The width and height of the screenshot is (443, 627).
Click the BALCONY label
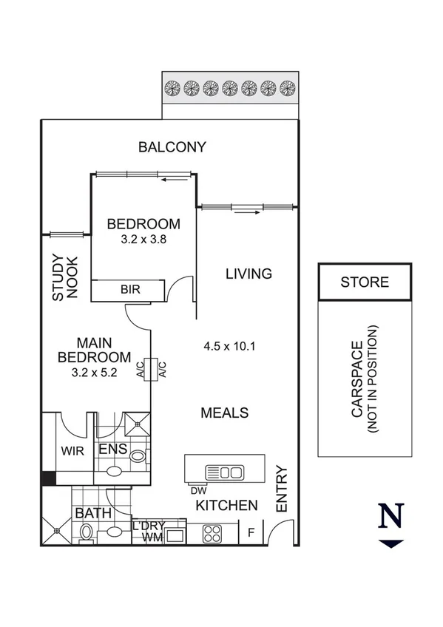(x=172, y=146)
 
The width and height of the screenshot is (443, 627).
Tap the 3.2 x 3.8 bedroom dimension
(x=143, y=240)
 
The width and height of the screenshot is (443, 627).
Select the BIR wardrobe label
(x=130, y=290)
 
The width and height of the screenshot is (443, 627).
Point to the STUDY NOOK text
(x=64, y=277)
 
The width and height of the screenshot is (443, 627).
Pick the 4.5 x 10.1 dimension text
(x=229, y=345)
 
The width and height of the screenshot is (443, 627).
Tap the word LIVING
(x=248, y=274)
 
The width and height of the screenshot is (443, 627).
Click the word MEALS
(x=224, y=413)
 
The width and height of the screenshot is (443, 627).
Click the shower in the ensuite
(x=136, y=424)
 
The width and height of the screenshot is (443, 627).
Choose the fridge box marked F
(x=251, y=532)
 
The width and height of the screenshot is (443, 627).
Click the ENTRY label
(x=281, y=489)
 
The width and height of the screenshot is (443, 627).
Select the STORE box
(x=364, y=282)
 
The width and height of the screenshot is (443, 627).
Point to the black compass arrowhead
(x=391, y=543)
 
